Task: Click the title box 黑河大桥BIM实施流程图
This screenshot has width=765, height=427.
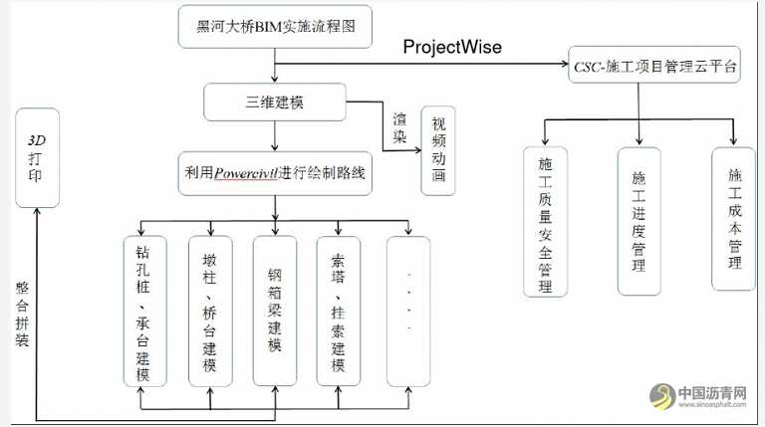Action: (275, 28)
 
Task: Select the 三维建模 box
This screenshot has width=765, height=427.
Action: (275, 101)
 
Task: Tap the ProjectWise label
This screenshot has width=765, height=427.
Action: (451, 48)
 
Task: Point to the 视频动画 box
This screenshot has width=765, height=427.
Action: (438, 150)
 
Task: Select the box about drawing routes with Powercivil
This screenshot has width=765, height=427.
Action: (275, 171)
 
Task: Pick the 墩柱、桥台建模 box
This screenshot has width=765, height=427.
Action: (210, 311)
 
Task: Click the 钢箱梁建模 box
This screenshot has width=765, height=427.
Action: (275, 311)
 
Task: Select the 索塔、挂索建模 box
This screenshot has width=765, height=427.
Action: (339, 311)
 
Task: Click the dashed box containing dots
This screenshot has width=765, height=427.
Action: (408, 311)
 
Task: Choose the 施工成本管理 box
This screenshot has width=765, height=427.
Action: (734, 219)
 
